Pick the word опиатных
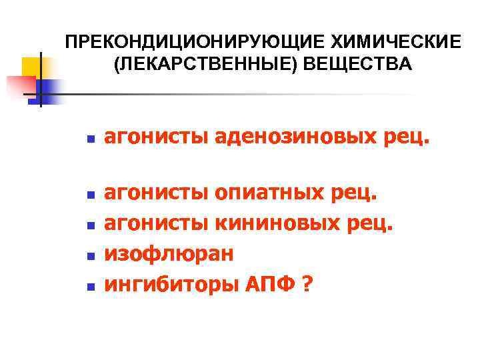267,194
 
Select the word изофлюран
169,254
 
